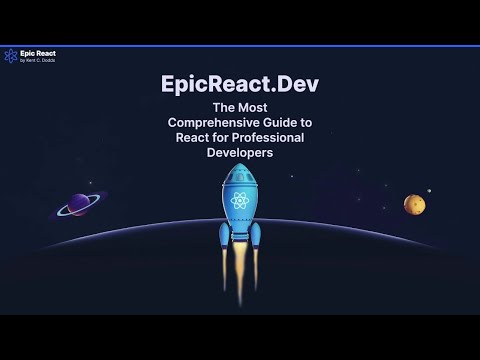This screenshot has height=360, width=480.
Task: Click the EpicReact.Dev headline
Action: [x=240, y=85]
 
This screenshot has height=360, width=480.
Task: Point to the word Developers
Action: [x=240, y=154]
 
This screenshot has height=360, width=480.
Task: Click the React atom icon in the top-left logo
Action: [x=10, y=56]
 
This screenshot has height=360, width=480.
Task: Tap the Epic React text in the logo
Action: [x=35, y=53]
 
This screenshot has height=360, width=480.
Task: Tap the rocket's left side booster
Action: [x=224, y=237]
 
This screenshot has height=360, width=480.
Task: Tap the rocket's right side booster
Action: [x=255, y=237]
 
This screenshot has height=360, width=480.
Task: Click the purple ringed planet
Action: [x=76, y=205]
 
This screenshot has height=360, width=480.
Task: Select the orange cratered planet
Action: [x=414, y=204]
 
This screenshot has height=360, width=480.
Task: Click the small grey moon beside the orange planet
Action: [x=430, y=191]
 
